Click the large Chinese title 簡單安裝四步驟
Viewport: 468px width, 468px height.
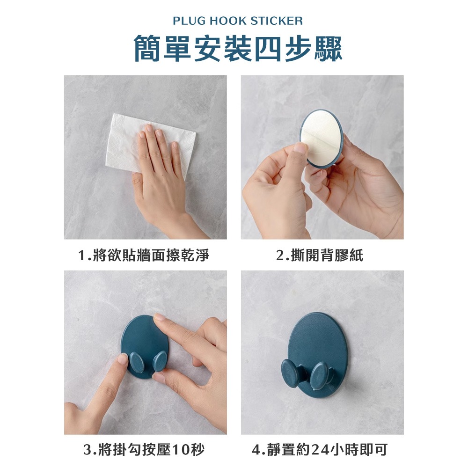click(238, 48)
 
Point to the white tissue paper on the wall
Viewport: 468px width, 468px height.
click(149, 143)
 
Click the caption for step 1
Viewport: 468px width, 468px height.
click(144, 256)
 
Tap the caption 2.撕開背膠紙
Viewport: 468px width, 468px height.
click(320, 256)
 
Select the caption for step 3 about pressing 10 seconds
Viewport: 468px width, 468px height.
click(144, 450)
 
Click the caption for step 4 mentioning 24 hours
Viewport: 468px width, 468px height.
click(320, 450)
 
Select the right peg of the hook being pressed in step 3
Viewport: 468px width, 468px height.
click(160, 361)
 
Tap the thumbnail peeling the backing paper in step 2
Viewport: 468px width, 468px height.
click(300, 148)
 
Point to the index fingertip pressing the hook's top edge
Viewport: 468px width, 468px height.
click(160, 318)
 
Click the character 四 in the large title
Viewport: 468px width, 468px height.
click(267, 48)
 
